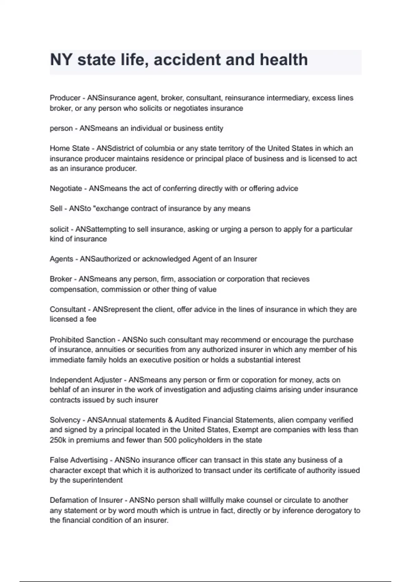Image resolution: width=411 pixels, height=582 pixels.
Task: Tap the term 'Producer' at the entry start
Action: [x=65, y=98]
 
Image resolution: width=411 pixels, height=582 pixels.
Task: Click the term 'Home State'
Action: [x=70, y=148]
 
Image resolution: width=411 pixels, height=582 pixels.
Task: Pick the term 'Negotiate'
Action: [x=66, y=188]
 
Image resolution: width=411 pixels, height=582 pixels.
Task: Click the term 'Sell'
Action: [x=56, y=208]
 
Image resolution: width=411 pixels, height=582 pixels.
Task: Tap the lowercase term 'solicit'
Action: [x=59, y=229]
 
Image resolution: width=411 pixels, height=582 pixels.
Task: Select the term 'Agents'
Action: [x=61, y=259]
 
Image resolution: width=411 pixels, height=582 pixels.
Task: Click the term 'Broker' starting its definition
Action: [x=61, y=279]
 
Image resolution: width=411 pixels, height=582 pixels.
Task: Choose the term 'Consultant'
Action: [x=68, y=309]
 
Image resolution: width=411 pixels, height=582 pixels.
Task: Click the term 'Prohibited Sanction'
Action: [x=82, y=340]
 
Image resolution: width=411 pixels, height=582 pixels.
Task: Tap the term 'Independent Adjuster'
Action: [x=86, y=380]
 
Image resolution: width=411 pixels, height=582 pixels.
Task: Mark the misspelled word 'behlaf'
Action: [x=60, y=390]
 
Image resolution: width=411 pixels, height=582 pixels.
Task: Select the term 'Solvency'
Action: [x=65, y=420]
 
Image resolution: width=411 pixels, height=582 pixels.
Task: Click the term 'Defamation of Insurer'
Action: [x=86, y=500]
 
